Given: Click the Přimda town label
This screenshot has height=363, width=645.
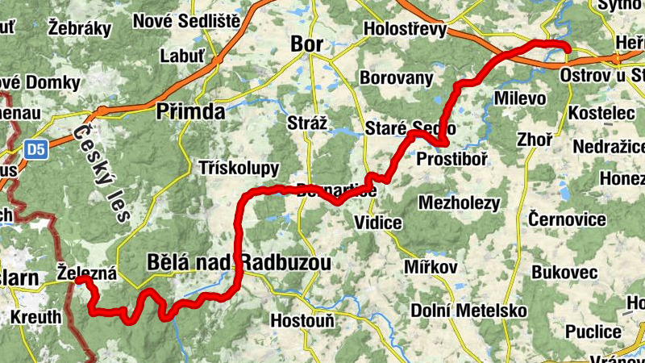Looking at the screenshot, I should click(190, 111).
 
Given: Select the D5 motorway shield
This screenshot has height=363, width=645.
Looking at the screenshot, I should click(35, 149).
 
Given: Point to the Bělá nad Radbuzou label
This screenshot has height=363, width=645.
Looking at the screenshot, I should click(239, 262).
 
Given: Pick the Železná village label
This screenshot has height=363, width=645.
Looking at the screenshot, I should click(87, 273).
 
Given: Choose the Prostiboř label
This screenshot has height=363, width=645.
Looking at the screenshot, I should click(451, 160).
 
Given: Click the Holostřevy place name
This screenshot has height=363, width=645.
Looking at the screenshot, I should click(405, 29).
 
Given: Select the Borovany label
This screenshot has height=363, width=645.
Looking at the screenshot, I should click(396, 78).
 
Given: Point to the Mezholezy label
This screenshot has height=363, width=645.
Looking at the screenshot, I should click(460, 203).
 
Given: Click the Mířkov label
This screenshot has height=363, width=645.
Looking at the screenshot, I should click(431, 267).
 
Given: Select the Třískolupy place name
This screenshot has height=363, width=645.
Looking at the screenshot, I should click(239, 168).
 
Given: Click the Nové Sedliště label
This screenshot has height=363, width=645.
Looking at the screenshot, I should click(186, 20).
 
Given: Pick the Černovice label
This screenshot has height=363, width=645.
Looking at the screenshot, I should click(567, 219).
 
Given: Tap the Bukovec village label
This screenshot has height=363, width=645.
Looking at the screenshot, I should click(564, 273).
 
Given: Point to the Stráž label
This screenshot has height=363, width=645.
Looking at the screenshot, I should click(307, 123).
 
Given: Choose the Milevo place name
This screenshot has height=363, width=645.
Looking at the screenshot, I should click(519, 98).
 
